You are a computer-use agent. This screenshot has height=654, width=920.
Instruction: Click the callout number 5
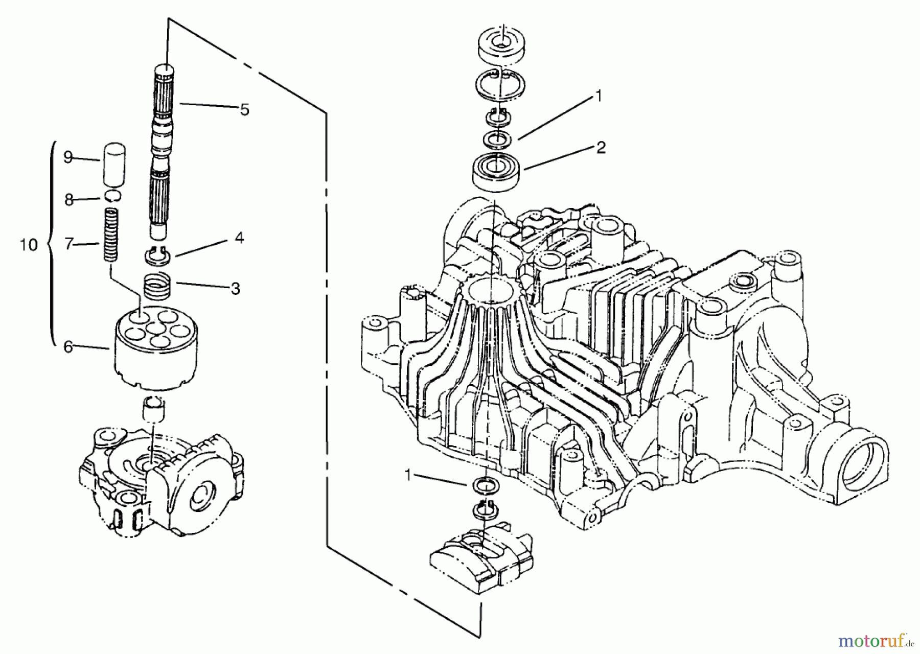(244, 110)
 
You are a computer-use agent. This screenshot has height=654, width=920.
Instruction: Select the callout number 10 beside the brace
(29, 245)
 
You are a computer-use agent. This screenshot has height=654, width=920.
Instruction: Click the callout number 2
(601, 148)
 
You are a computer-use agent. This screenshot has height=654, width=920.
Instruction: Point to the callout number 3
(235, 289)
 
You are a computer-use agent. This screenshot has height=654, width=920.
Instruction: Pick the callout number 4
(239, 238)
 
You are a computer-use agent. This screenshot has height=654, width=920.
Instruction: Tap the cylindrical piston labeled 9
(114, 165)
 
